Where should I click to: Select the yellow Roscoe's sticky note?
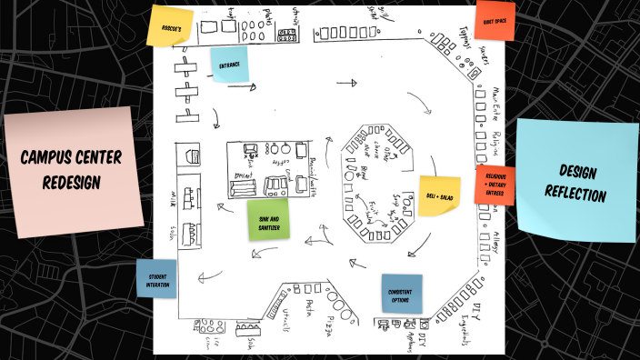(x=171, y=28)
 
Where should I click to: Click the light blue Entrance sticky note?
(x=229, y=65)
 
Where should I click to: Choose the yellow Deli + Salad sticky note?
(x=438, y=195)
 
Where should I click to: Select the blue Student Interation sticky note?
(x=157, y=279)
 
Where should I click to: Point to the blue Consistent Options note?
(x=401, y=294)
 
